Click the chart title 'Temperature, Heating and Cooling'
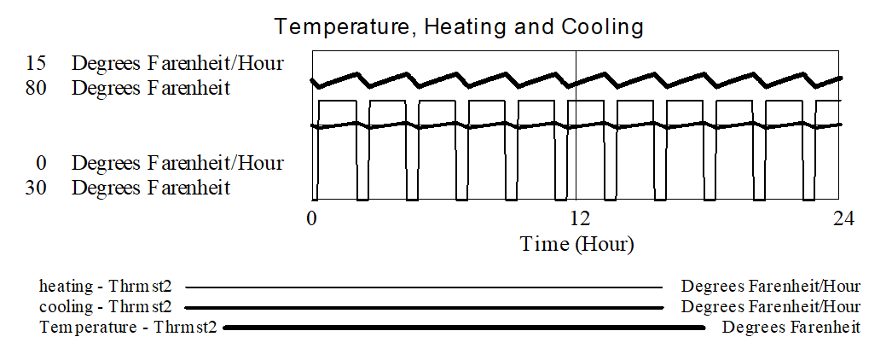click(459, 26)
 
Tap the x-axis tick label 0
click(311, 218)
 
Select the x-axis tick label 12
click(576, 218)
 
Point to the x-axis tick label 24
click(842, 218)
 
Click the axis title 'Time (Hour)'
click(576, 244)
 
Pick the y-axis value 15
click(36, 63)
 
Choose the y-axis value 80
click(36, 88)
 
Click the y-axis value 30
click(36, 188)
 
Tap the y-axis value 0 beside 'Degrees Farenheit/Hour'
click(41, 163)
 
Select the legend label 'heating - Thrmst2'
click(105, 286)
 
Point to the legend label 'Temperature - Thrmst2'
click(129, 328)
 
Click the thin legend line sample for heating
click(424, 287)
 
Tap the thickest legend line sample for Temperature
click(464, 328)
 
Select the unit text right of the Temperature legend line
click(791, 328)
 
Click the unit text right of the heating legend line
click(771, 286)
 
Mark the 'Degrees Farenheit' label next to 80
click(151, 88)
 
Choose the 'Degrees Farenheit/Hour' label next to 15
click(177, 63)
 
